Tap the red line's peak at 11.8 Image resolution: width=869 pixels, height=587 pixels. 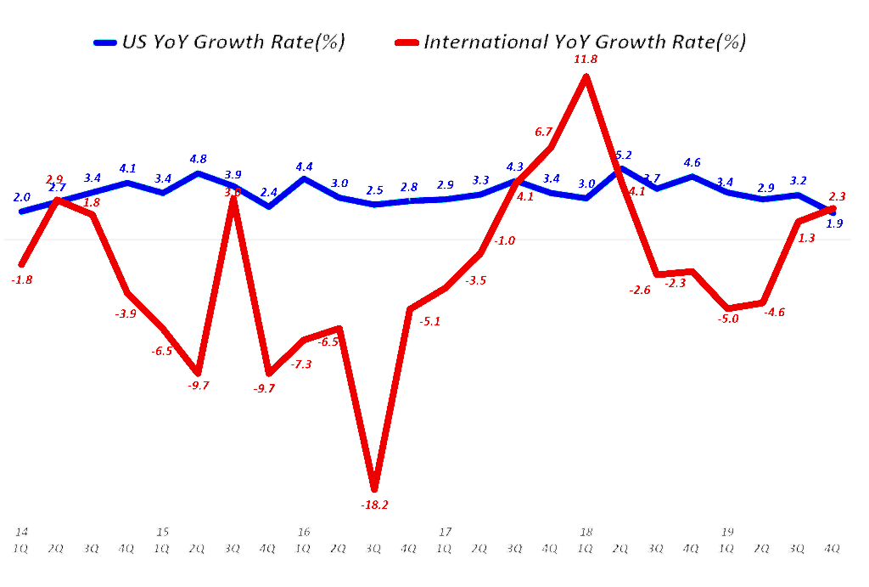tap(586, 77)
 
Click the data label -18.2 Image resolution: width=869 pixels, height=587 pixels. tap(374, 505)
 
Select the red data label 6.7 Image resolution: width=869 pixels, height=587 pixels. tap(544, 131)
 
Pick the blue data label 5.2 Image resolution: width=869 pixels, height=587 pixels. tap(622, 155)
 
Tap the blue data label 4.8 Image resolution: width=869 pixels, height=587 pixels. tap(198, 158)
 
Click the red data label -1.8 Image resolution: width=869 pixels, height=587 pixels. tap(22, 279)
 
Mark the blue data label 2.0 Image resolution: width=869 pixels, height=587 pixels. tap(22, 197)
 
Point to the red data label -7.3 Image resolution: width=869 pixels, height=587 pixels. tap(301, 364)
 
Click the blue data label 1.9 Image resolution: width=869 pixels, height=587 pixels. tap(834, 223)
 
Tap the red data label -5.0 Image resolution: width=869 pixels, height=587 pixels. tap(728, 319)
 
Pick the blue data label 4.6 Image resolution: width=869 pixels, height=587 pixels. tap(692, 162)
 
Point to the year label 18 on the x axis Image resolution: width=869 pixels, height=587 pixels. tap(586, 532)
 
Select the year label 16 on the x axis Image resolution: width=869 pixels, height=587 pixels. tap(304, 532)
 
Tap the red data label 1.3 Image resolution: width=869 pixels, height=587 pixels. tap(807, 238)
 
